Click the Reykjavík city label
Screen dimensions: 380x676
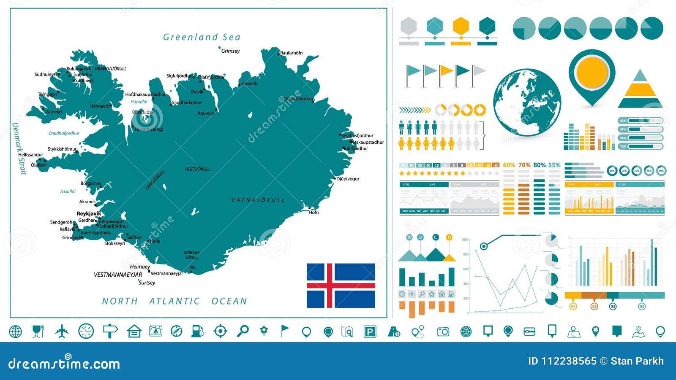click(x=89, y=214)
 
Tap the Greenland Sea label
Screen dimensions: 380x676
click(x=202, y=37)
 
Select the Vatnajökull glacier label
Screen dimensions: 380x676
click(x=258, y=200)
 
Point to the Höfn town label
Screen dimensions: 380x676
click(x=314, y=213)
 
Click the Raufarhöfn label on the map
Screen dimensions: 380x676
click(x=292, y=53)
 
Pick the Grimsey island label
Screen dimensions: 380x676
click(x=230, y=51)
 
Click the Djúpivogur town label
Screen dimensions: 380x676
click(x=348, y=179)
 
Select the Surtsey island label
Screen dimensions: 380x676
click(x=147, y=283)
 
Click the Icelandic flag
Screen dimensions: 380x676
click(x=341, y=286)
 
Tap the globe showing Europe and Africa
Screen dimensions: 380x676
click(x=527, y=102)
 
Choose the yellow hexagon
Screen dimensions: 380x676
click(x=461, y=26)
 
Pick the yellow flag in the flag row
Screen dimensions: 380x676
click(x=446, y=71)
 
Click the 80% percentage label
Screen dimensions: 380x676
click(x=540, y=165)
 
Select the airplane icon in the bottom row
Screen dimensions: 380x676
click(x=62, y=331)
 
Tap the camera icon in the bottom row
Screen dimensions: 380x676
click(x=443, y=331)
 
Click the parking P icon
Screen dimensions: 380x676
click(x=370, y=331)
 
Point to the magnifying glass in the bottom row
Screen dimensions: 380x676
click(x=243, y=331)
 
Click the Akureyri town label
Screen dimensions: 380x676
click(x=206, y=113)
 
